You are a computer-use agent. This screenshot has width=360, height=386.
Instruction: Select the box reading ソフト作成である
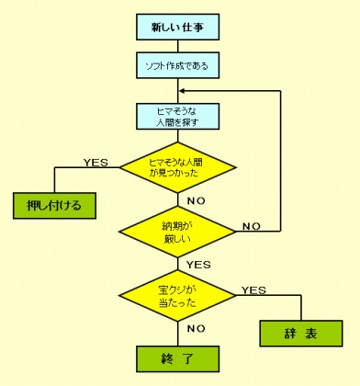pyautogui.click(x=178, y=67)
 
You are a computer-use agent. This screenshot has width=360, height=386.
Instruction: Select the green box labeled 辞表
pyautogui.click(x=299, y=333)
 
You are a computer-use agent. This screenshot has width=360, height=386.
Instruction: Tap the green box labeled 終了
pyautogui.click(x=178, y=356)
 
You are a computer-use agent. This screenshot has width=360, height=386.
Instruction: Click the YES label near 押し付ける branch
pyautogui.click(x=96, y=163)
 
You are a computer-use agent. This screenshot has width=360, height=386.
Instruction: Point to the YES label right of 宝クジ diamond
pyautogui.click(x=253, y=290)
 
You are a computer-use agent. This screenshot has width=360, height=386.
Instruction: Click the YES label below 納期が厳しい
pyautogui.click(x=198, y=265)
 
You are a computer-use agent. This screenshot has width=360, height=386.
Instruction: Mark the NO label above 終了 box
pyautogui.click(x=195, y=327)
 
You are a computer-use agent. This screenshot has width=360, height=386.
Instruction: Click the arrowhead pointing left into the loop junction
pyautogui.click(x=184, y=91)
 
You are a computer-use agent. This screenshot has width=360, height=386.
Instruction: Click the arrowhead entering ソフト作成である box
pyautogui.click(x=178, y=53)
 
